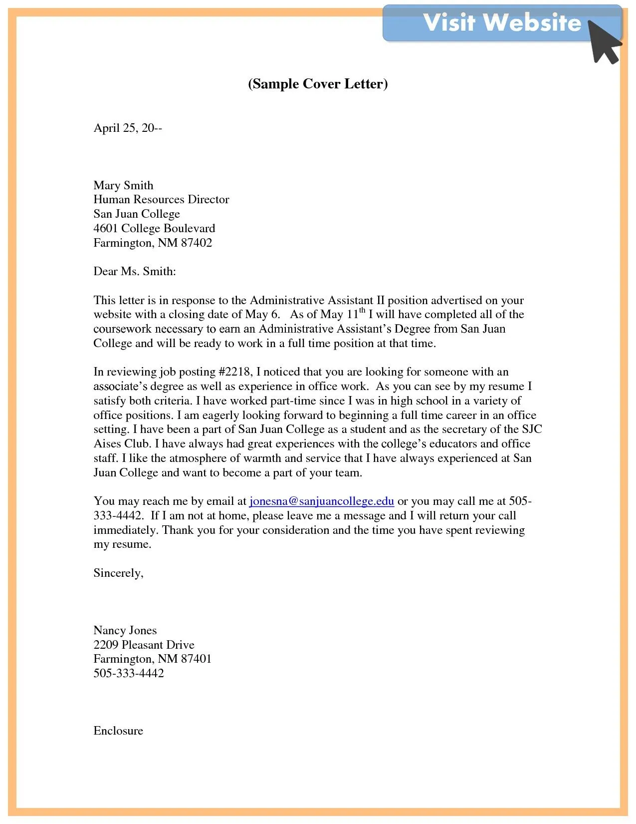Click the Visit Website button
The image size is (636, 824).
501,23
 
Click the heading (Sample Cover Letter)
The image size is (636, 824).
318,83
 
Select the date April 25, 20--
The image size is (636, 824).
128,128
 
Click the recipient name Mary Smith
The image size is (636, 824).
123,185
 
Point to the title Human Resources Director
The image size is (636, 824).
161,199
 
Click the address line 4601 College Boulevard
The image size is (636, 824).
154,228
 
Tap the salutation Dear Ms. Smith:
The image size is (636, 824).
135,271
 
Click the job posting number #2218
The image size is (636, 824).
235,372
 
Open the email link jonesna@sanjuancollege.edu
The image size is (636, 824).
321,501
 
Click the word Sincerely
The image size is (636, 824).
118,573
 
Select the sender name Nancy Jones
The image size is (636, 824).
125,630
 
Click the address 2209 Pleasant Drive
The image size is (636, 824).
144,645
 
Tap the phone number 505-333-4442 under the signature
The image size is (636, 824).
129,673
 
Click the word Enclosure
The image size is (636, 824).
118,731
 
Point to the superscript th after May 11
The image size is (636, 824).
362,310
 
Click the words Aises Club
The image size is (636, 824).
121,443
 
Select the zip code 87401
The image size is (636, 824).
196,659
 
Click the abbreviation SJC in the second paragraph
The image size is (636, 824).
532,429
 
